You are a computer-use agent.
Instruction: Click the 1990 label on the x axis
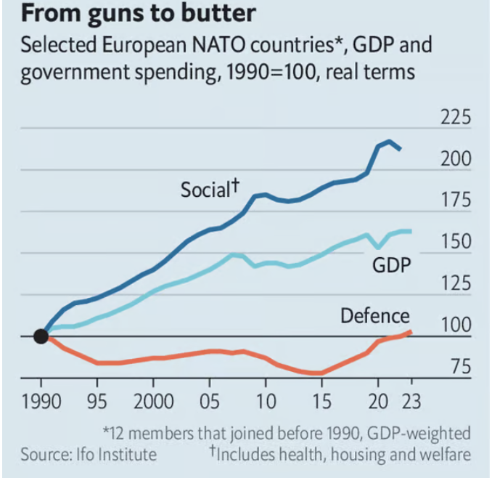[41, 402]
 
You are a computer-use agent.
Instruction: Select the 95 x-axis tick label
[97, 402]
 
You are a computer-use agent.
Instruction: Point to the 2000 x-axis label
[153, 402]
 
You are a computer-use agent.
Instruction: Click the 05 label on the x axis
[209, 402]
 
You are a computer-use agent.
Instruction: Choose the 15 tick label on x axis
[321, 402]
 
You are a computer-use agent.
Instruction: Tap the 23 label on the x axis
[411, 402]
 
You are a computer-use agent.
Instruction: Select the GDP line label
[392, 265]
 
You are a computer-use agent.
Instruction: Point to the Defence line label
[375, 316]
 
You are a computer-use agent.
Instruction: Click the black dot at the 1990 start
[41, 336]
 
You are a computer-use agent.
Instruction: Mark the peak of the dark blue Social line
[389, 141]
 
